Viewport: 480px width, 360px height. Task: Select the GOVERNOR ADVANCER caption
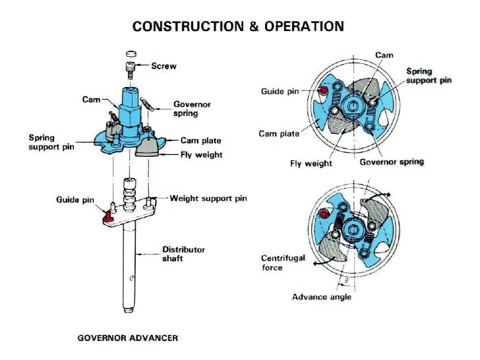click(127, 338)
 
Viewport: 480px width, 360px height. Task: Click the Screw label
click(164, 66)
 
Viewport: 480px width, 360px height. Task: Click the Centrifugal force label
click(283, 263)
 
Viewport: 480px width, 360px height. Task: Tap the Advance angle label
click(321, 297)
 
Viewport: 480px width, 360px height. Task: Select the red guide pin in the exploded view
click(107, 214)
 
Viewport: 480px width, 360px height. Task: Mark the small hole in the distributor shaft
click(132, 278)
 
